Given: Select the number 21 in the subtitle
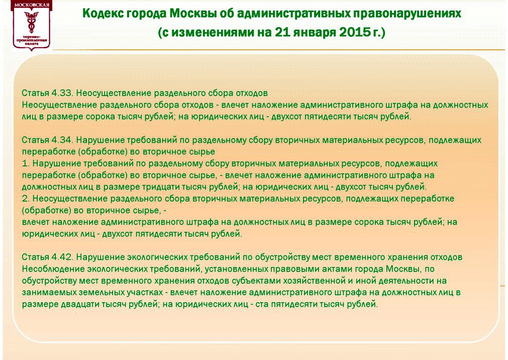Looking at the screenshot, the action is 282,33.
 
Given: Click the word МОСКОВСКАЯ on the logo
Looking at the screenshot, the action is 32,5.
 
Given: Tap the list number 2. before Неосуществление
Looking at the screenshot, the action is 26,199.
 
